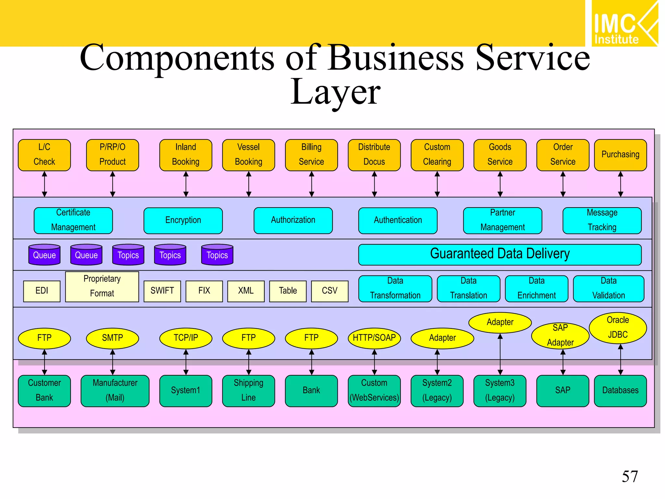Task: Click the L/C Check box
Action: click(x=44, y=155)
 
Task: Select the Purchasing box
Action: click(x=620, y=155)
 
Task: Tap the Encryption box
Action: click(x=183, y=220)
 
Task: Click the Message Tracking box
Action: click(x=602, y=220)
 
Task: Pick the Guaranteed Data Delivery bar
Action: click(x=499, y=254)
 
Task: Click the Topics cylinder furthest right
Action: click(x=217, y=255)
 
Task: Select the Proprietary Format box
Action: click(x=102, y=286)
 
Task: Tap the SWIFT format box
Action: click(x=162, y=291)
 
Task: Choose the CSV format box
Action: click(x=329, y=291)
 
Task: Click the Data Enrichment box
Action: click(x=536, y=288)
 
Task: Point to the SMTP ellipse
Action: click(x=112, y=338)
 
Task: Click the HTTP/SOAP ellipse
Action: click(x=374, y=338)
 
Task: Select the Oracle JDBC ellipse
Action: click(x=618, y=327)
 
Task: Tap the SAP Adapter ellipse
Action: click(x=560, y=335)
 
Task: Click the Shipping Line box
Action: click(x=248, y=390)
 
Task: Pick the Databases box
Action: click(x=620, y=390)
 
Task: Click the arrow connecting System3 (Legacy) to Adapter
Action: click(x=500, y=354)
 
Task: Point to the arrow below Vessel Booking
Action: click(x=249, y=184)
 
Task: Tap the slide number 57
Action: click(x=630, y=477)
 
